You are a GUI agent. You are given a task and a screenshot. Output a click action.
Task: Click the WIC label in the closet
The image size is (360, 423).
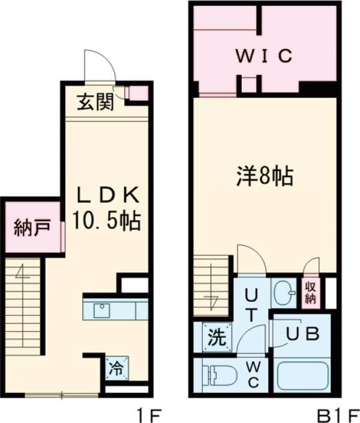(x=263, y=56)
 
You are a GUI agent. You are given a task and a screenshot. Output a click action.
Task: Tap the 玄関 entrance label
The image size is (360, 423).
(x=95, y=103)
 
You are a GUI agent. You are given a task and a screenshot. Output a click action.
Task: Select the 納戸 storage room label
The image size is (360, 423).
(x=31, y=229)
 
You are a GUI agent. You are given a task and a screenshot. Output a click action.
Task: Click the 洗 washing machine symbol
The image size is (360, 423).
(x=214, y=337)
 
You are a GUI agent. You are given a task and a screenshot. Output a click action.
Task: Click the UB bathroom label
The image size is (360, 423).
(x=301, y=335)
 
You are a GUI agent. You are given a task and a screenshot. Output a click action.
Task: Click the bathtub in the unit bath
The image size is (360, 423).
(x=303, y=376)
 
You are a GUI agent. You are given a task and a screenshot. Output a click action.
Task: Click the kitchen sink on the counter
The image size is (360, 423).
(x=101, y=311)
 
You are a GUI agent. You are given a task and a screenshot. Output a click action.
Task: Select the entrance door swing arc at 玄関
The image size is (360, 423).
(x=99, y=66)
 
